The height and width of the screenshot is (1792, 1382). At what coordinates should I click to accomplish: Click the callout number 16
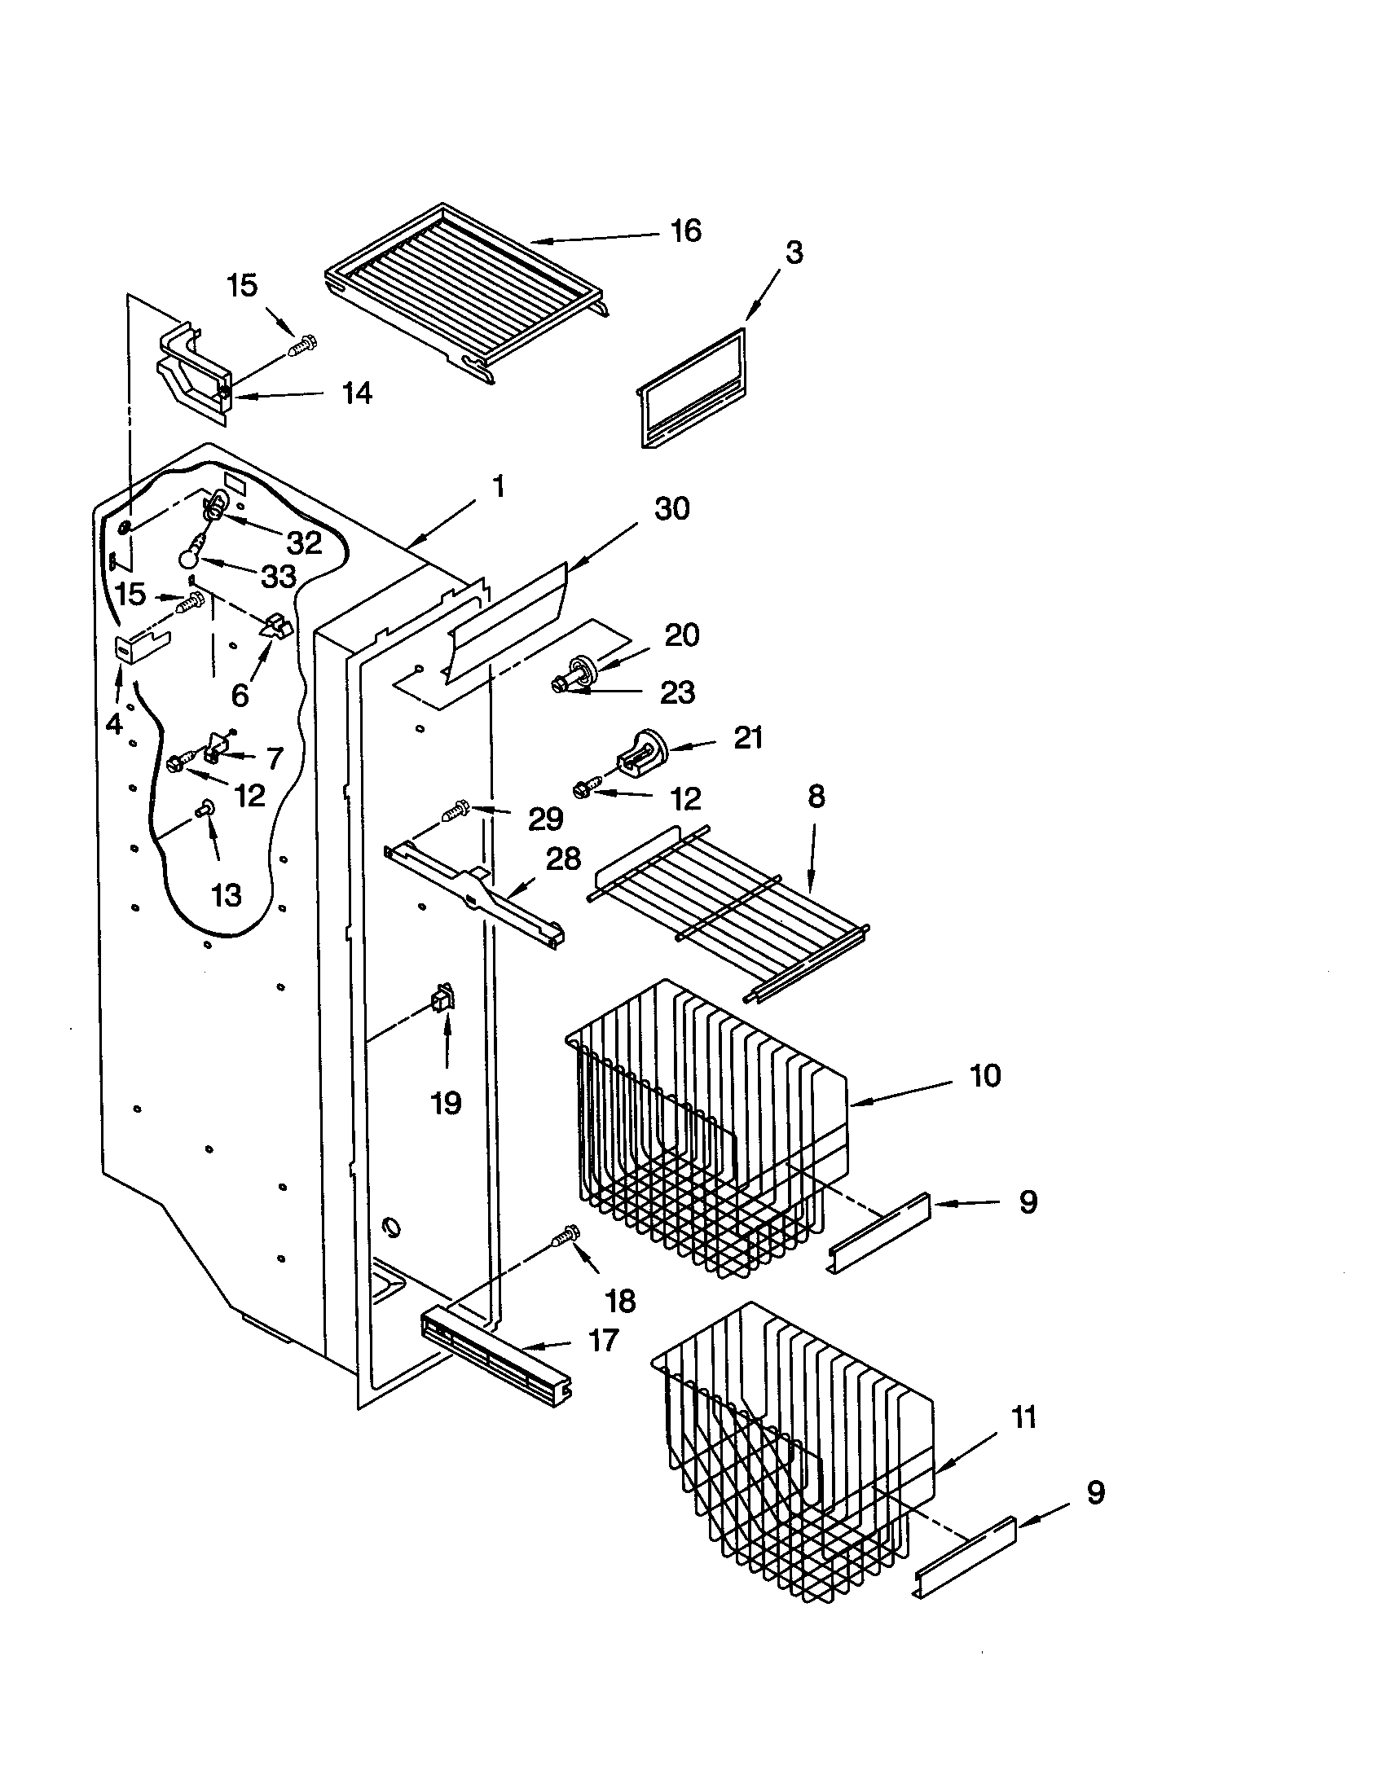click(685, 231)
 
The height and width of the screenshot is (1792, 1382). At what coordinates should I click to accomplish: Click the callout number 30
click(671, 509)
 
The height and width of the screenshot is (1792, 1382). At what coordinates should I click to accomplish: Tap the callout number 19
click(447, 1103)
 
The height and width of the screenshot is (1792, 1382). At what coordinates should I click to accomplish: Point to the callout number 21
click(747, 738)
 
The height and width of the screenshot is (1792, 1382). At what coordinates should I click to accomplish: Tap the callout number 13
click(226, 894)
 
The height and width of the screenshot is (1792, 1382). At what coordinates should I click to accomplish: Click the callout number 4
click(114, 723)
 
